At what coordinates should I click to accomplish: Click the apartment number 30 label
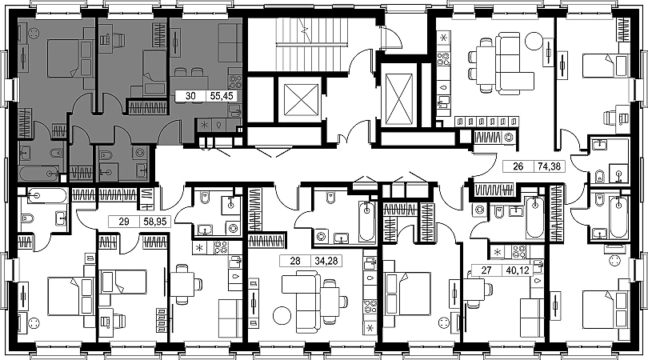point(190,95)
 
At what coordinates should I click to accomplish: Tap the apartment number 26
point(518,168)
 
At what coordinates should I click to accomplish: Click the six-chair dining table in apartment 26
point(485,61)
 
